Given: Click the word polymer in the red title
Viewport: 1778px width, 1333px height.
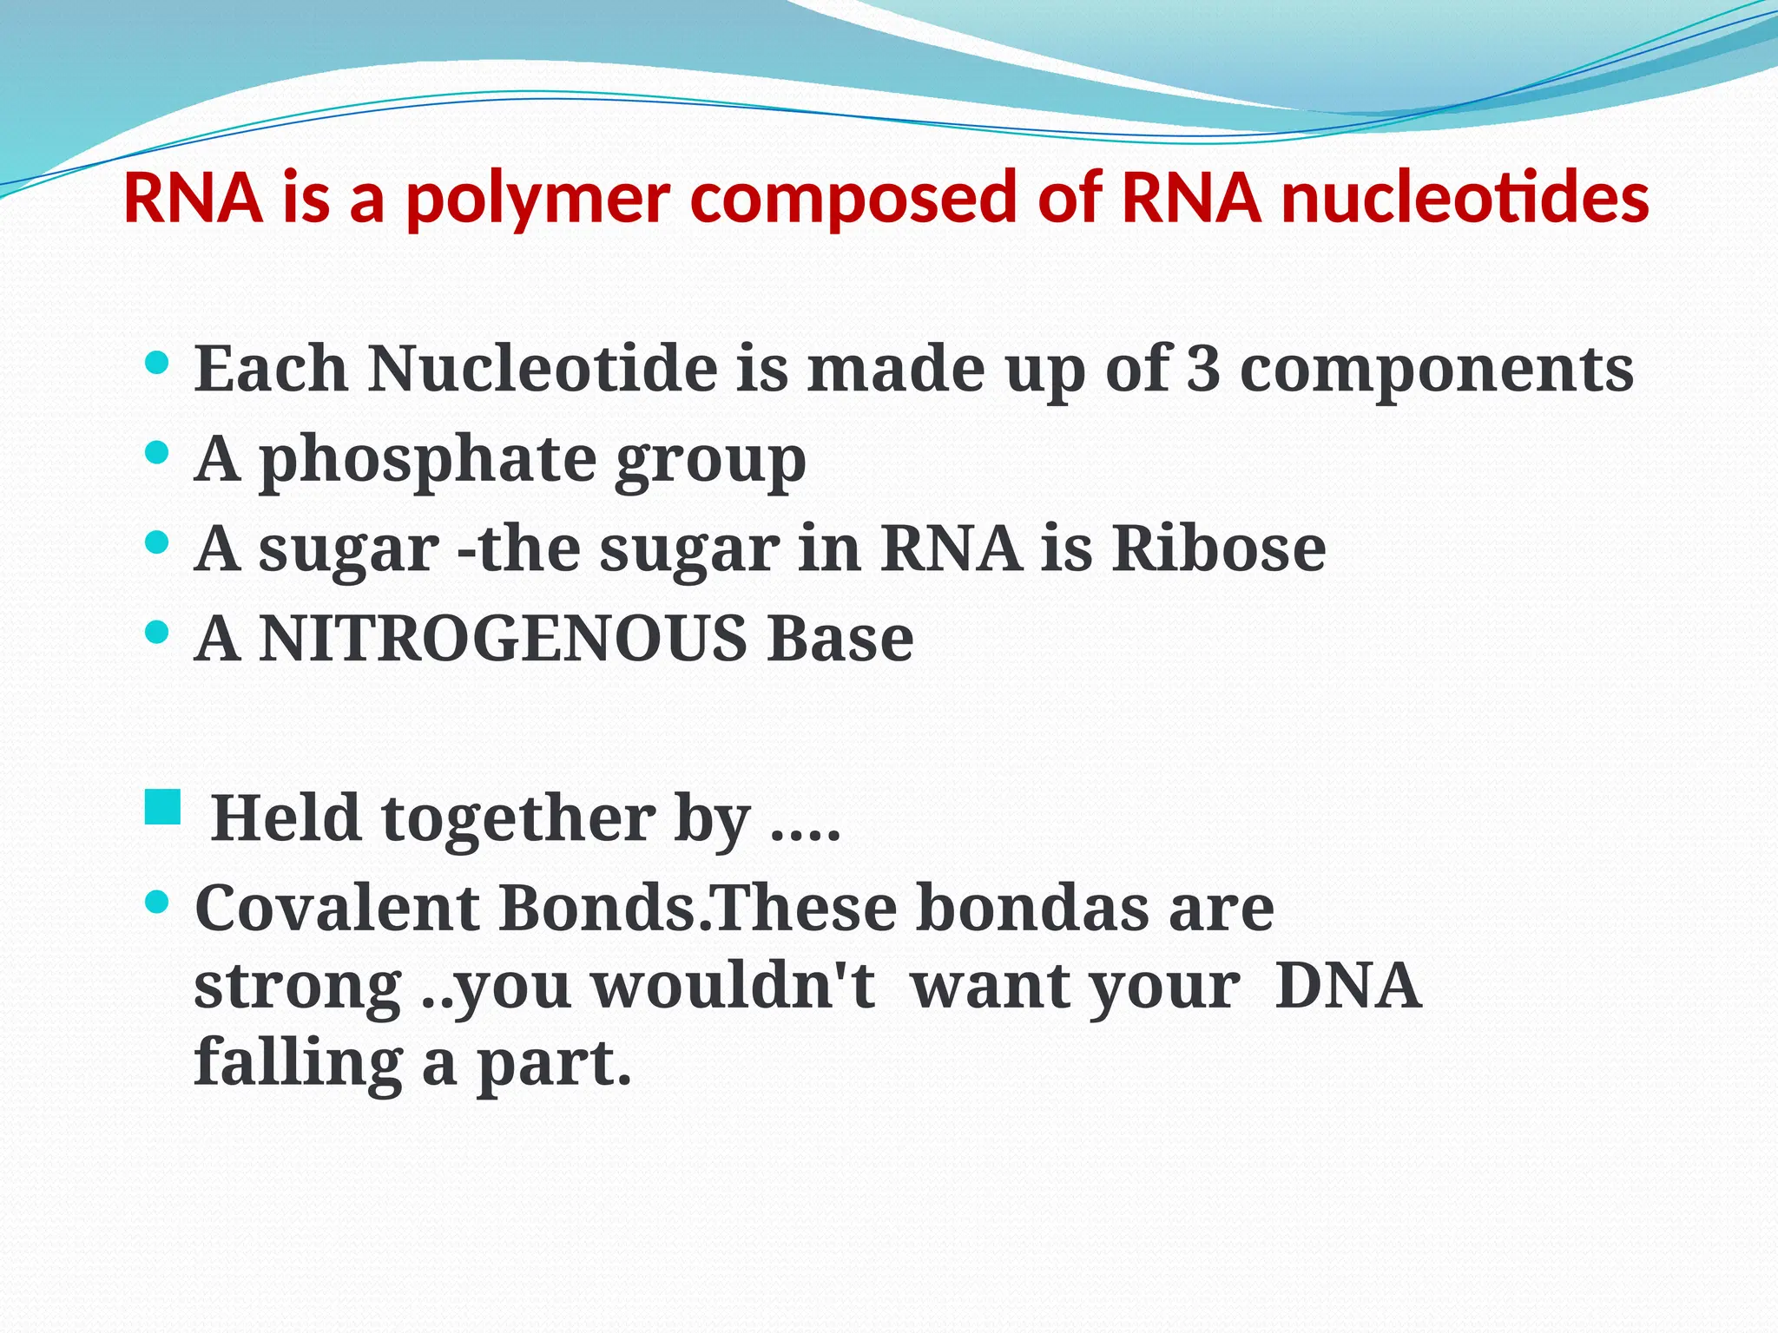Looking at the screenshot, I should [x=538, y=200].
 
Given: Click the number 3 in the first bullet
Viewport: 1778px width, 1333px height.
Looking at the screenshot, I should [x=1202, y=369].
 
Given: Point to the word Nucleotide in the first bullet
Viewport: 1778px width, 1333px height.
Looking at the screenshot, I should [x=543, y=369].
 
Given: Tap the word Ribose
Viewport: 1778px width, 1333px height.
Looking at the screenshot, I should [x=1219, y=548].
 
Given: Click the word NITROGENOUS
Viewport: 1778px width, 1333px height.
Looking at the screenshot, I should [x=503, y=639].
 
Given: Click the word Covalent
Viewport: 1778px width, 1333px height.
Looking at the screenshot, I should [x=337, y=908].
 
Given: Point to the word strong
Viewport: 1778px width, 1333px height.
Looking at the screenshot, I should [x=298, y=988].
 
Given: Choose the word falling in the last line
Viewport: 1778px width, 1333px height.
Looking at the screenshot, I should [x=298, y=1063].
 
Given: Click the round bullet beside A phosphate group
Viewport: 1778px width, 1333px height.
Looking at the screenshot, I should [x=156, y=453].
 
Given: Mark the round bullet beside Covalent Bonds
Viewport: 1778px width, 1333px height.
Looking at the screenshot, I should [x=156, y=903].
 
